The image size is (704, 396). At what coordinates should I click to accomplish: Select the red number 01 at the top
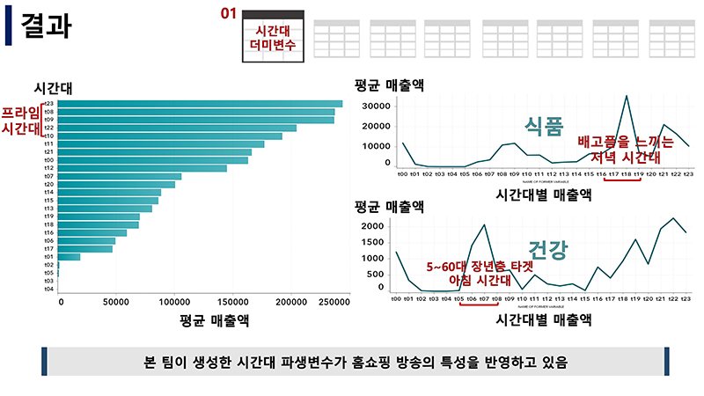pos(229,14)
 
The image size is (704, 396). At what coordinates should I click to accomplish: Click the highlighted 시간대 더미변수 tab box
pos(273,37)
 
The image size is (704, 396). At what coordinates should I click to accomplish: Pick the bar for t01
pos(69,257)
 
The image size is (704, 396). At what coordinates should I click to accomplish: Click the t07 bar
pos(120,176)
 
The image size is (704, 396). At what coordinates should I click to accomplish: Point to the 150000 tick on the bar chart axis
pos(232,302)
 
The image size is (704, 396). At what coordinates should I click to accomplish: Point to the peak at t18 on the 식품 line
pos(626,96)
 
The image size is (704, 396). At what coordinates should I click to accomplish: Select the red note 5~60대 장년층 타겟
pos(470,266)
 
